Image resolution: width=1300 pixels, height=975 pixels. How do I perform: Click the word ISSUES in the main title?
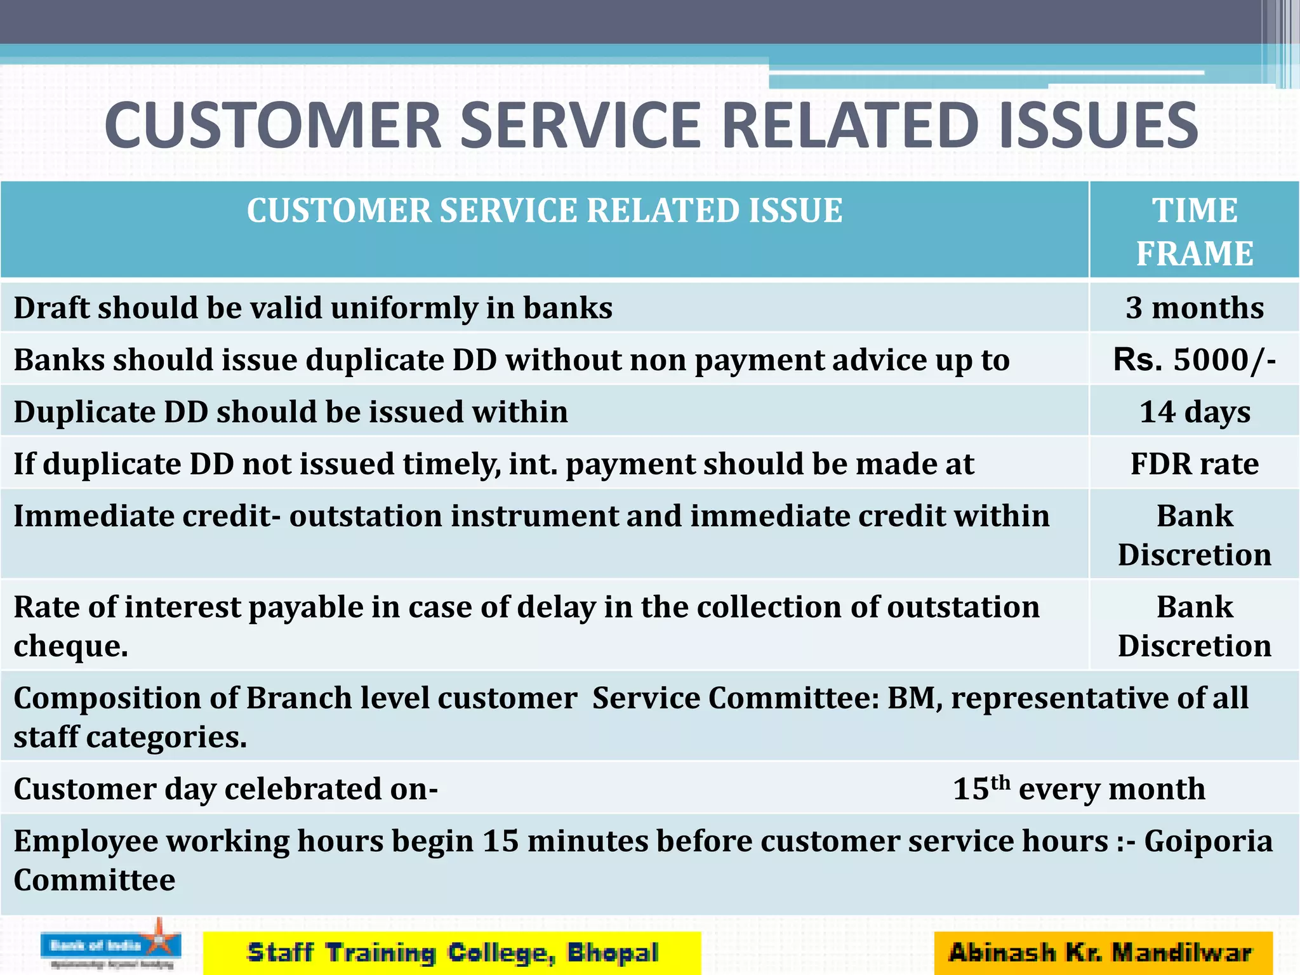point(1098,126)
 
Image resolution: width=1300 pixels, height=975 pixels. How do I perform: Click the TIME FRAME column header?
point(1194,232)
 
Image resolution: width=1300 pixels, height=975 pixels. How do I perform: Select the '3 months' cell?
point(1194,308)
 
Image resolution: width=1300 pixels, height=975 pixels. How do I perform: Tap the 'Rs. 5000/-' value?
point(1194,360)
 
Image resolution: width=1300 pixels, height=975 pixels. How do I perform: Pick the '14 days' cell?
point(1194,412)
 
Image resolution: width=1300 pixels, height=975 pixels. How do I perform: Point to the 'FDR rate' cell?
point(1194,464)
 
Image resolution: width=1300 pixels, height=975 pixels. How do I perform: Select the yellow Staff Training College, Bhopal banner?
point(452,953)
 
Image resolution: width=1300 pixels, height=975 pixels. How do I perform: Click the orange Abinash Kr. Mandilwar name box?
point(1103,953)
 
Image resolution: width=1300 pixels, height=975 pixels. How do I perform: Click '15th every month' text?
point(1078,789)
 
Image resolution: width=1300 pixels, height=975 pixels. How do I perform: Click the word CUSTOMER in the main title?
point(273,126)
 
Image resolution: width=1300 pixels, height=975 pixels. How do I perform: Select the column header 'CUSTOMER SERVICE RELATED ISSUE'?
point(545,211)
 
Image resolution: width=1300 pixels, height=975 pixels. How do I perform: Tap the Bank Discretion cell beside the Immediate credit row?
point(1194,535)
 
